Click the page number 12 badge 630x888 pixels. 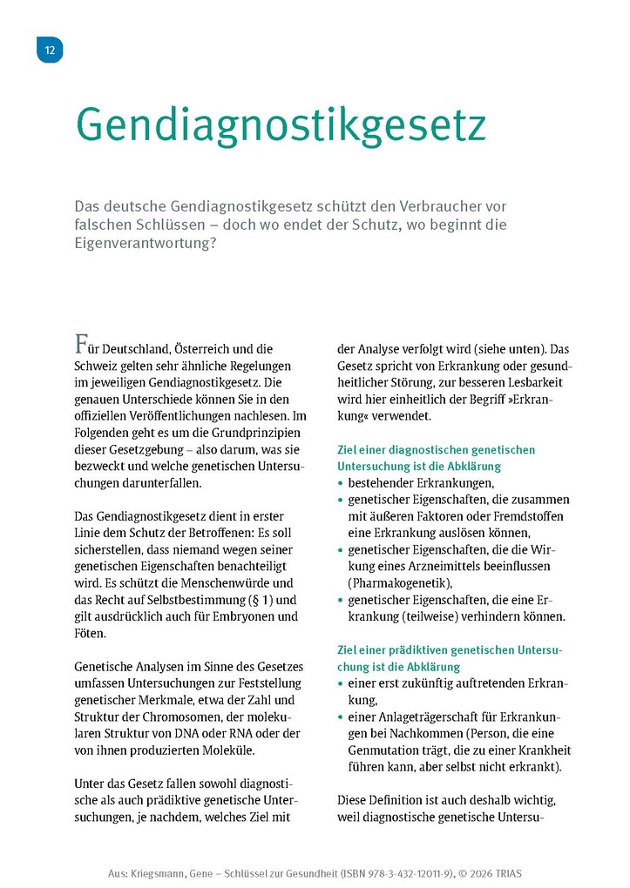50,50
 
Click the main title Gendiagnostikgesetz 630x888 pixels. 280,125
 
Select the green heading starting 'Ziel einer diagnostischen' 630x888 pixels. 436,458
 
